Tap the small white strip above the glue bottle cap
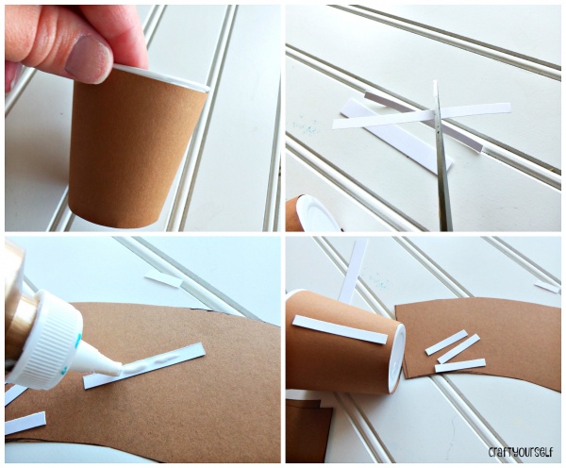coord(163,279)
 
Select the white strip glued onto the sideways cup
coord(340,329)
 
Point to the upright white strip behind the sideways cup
coord(354,271)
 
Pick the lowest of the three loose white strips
coord(460,365)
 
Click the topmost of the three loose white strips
coord(446,343)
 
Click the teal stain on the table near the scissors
coord(306,126)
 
